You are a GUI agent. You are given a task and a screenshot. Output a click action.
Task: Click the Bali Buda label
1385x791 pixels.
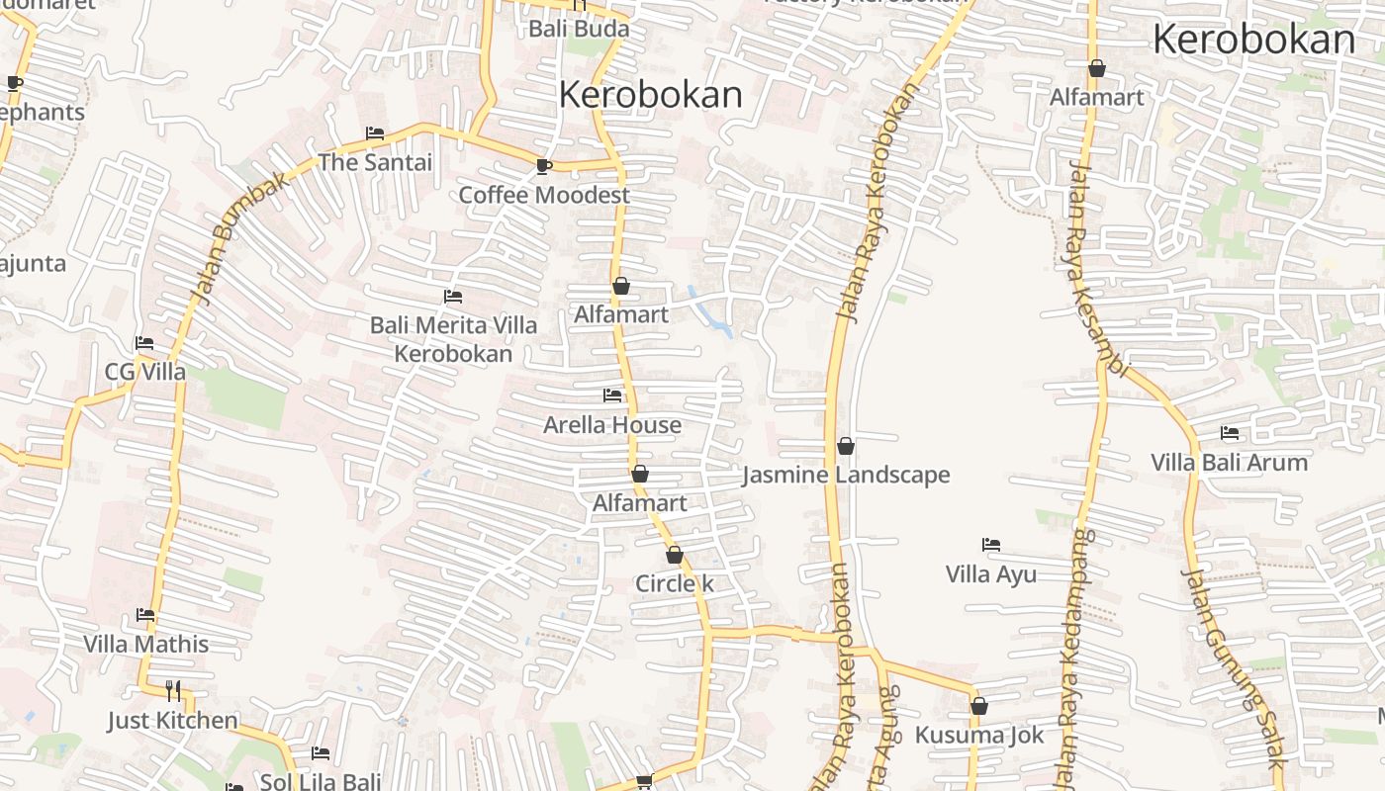[579, 29]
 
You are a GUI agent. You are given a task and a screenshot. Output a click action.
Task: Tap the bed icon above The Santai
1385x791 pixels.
[375, 132]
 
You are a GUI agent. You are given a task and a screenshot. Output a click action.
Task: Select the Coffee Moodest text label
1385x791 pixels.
[544, 195]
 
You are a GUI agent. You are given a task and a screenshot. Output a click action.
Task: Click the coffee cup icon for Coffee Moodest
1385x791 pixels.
[543, 166]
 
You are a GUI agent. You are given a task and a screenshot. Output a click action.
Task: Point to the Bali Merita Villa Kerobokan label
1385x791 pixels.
[454, 339]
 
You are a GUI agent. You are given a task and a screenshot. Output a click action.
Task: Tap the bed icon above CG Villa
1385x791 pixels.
[144, 343]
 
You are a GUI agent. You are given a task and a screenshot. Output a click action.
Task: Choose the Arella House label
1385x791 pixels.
[612, 425]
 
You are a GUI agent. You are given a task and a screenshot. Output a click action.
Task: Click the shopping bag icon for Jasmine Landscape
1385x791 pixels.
[846, 447]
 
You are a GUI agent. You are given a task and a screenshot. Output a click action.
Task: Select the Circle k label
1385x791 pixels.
[675, 584]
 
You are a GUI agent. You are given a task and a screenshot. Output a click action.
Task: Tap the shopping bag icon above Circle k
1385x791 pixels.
[675, 555]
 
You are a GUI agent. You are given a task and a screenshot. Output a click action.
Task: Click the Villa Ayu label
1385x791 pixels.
[991, 574]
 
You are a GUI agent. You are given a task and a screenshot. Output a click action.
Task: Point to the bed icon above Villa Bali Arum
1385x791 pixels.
[1230, 433]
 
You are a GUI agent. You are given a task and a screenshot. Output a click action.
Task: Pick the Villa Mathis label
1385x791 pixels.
[146, 645]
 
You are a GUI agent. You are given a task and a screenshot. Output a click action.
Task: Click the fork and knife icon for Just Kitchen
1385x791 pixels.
[173, 690]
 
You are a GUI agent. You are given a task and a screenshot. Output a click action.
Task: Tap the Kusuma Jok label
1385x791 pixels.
[979, 736]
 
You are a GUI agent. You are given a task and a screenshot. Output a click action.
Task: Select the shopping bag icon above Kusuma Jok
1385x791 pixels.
[979, 706]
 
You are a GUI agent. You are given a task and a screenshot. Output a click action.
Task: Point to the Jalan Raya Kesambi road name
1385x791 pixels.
[1096, 267]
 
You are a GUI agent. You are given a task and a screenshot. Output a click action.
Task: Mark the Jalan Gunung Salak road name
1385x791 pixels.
[1234, 667]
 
